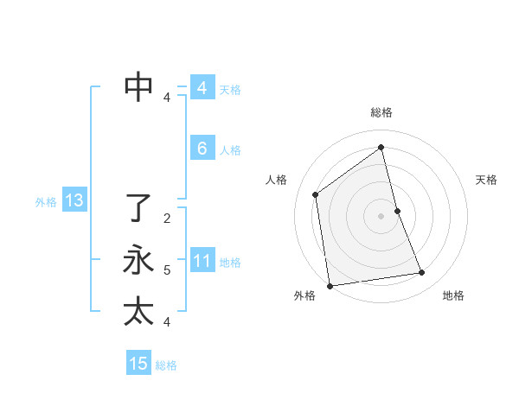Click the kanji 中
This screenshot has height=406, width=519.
138,86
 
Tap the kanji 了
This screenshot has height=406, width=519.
138,207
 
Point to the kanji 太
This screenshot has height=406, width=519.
138,311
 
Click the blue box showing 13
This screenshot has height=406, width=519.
74,201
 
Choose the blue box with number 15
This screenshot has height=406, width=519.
138,364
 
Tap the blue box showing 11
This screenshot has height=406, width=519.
202,261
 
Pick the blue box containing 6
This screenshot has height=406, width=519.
202,149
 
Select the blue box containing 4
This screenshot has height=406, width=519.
202,88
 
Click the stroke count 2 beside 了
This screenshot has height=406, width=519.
167,219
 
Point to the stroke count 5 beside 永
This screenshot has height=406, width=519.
167,270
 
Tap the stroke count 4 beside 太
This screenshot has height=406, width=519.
167,322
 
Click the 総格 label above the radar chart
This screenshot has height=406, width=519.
381,112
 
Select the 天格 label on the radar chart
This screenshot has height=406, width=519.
487,180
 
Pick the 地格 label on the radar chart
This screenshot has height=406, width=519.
453,295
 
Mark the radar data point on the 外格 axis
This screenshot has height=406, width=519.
330,285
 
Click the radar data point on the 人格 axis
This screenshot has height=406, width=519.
316,194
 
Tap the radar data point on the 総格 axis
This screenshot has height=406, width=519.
381,147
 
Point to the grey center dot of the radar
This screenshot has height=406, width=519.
381,215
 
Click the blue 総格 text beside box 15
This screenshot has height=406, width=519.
166,365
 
